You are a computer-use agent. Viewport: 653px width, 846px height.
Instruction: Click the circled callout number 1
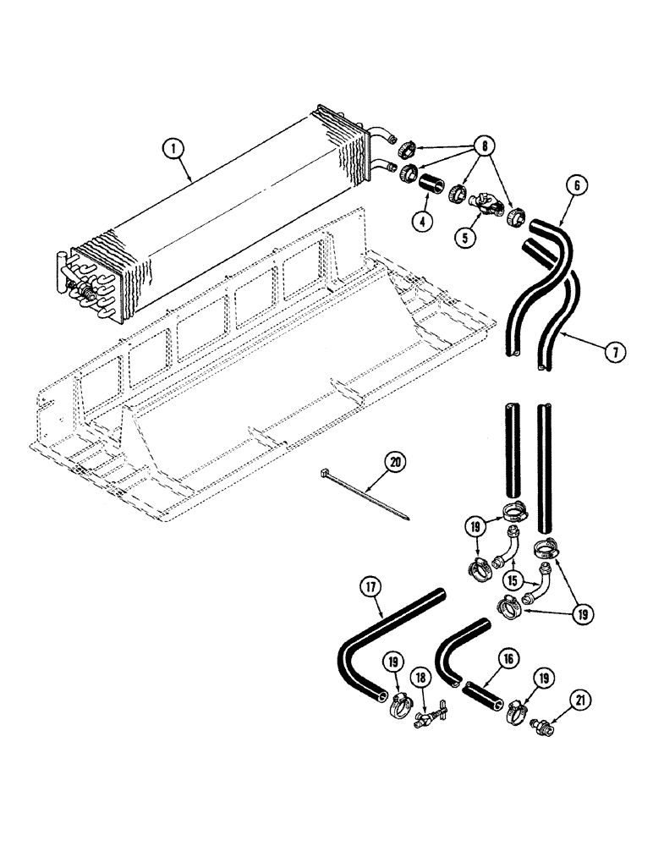(x=173, y=149)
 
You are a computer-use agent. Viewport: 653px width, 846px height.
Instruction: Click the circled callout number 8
(x=484, y=144)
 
